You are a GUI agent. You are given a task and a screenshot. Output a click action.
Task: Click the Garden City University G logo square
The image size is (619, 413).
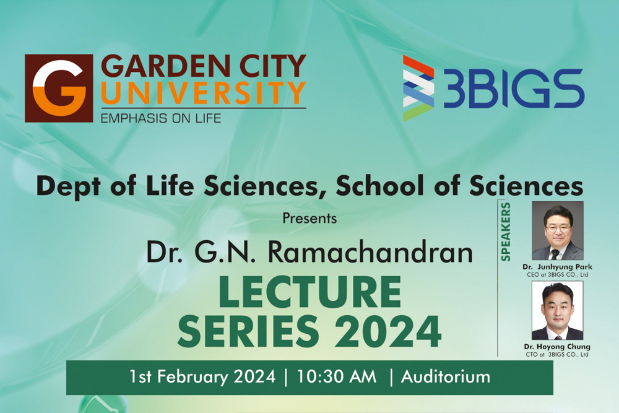(x=59, y=88)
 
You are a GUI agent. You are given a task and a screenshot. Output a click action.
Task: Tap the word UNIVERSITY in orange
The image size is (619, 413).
(x=204, y=93)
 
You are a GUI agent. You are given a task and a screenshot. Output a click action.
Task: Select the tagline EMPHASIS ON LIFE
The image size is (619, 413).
(x=161, y=118)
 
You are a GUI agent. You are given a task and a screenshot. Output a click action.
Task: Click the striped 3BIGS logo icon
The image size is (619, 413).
(x=418, y=88)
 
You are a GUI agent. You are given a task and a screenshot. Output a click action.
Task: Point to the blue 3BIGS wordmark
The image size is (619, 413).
(x=514, y=89)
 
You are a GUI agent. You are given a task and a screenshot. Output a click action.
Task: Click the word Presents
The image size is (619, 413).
(x=309, y=219)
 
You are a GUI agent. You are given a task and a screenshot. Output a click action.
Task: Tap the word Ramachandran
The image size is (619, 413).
(x=370, y=252)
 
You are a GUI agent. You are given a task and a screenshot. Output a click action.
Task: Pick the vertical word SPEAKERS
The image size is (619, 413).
(x=506, y=232)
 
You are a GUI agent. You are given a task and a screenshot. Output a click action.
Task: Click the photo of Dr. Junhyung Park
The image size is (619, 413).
(x=558, y=230)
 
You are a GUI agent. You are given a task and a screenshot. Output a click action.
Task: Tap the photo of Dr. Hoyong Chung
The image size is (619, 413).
(x=558, y=310)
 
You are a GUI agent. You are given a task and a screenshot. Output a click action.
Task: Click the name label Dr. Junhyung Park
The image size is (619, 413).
(x=558, y=267)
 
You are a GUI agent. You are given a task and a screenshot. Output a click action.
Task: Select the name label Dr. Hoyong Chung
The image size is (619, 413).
(x=558, y=347)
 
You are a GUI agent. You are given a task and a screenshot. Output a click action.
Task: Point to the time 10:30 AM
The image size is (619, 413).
(x=337, y=376)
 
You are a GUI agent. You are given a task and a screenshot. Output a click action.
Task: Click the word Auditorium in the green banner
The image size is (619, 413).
(x=446, y=376)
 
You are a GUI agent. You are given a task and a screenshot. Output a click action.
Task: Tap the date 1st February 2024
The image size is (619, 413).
(x=202, y=376)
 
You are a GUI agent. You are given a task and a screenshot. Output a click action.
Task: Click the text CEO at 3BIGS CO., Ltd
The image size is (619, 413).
(x=558, y=275)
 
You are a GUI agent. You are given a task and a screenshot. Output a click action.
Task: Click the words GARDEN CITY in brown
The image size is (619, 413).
(x=204, y=66)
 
